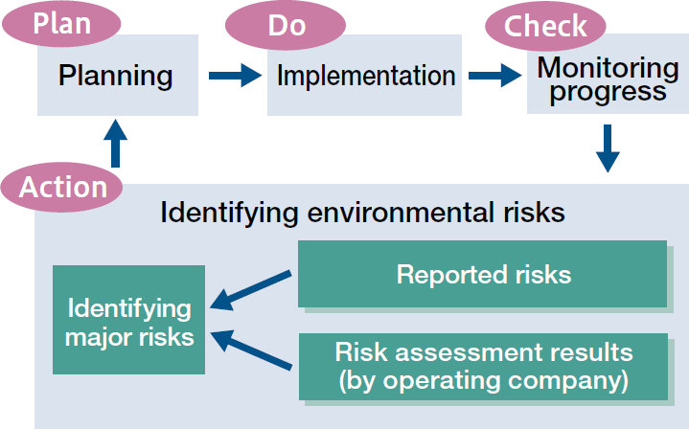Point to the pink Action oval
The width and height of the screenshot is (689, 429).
coord(63,186)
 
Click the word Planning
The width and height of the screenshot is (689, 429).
coord(116,76)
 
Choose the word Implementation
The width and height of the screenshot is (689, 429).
coord(366,76)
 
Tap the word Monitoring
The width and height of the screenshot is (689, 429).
coord(608,68)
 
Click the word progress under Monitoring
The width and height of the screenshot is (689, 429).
coord(608,91)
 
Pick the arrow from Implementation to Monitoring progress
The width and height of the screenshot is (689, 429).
coord(494,76)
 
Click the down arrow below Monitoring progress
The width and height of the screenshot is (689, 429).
coord(608,147)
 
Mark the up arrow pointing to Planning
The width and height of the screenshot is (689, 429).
coord(114,144)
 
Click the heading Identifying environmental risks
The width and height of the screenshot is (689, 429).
coord(362,212)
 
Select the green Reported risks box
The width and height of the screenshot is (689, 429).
coord(483,275)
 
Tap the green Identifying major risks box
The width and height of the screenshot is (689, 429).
coord(128,321)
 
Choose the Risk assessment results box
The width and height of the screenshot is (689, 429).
coord(483,366)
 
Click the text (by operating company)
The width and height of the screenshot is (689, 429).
coord(483,380)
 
